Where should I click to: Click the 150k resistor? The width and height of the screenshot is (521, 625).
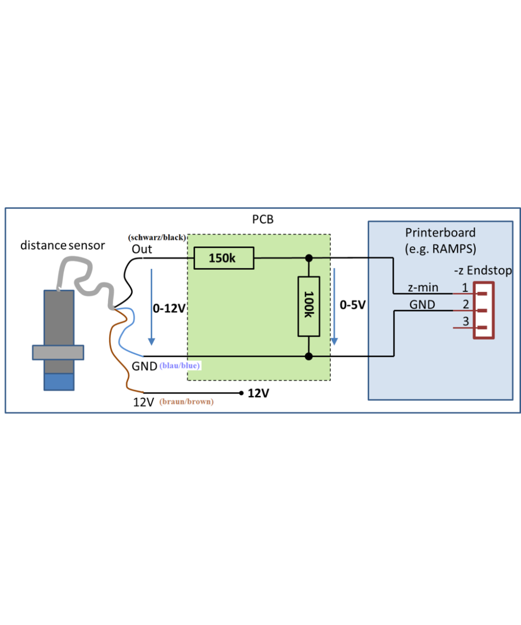click(224, 258)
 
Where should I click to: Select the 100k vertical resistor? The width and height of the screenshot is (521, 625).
click(308, 306)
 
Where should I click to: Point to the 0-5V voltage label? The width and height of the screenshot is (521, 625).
click(352, 304)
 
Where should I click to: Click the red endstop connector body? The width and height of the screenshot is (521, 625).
click(483, 310)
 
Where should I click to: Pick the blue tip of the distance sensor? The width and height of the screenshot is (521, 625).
click(59, 382)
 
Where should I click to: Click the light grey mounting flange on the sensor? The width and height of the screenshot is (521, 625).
click(58, 353)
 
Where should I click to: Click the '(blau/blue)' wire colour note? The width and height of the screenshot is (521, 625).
click(180, 366)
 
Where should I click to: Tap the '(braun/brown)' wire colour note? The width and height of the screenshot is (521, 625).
click(187, 402)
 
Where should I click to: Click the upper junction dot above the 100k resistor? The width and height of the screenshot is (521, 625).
click(309, 258)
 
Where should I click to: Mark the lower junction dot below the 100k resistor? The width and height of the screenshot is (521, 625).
click(309, 356)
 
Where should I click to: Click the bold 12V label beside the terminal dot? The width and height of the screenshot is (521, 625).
click(258, 394)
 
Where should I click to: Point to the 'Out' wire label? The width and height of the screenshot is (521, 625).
click(142, 249)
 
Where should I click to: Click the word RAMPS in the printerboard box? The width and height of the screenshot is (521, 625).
click(455, 249)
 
